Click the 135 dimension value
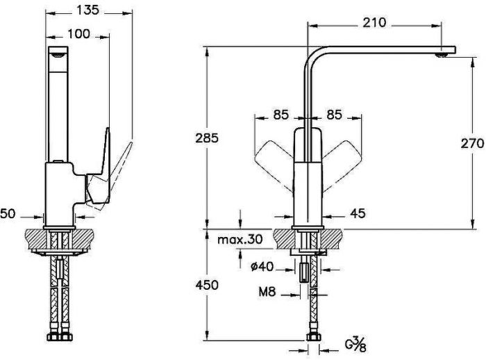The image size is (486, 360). coord(87,10)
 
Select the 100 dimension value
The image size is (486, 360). coord(78,34)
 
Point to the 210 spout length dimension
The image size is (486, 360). coord(374,22)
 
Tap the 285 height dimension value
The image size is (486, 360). coord(207,138)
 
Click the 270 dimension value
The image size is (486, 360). coord(472,143)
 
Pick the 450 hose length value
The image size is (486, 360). coord(207,285)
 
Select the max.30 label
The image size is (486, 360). coord(240,239)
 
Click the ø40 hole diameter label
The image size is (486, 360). coord(262,266)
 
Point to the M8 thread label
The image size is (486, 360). coord(267,292)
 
